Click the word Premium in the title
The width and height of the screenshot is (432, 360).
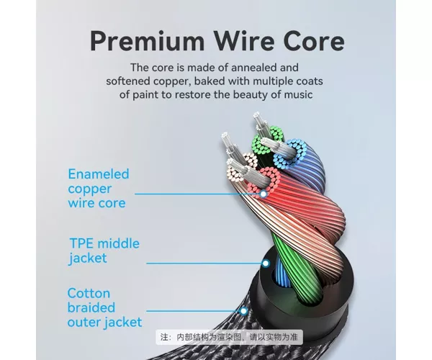[x=148, y=42]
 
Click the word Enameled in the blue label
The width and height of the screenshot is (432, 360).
[x=99, y=174]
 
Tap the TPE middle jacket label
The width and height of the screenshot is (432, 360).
[x=104, y=251]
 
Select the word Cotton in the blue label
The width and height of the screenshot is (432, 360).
[x=89, y=293]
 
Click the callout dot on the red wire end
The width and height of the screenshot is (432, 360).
[x=264, y=194]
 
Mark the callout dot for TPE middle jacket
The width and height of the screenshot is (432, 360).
[x=266, y=264]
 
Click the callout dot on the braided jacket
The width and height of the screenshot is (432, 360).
[x=243, y=311]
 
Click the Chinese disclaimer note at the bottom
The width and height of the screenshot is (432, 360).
[x=229, y=337]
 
